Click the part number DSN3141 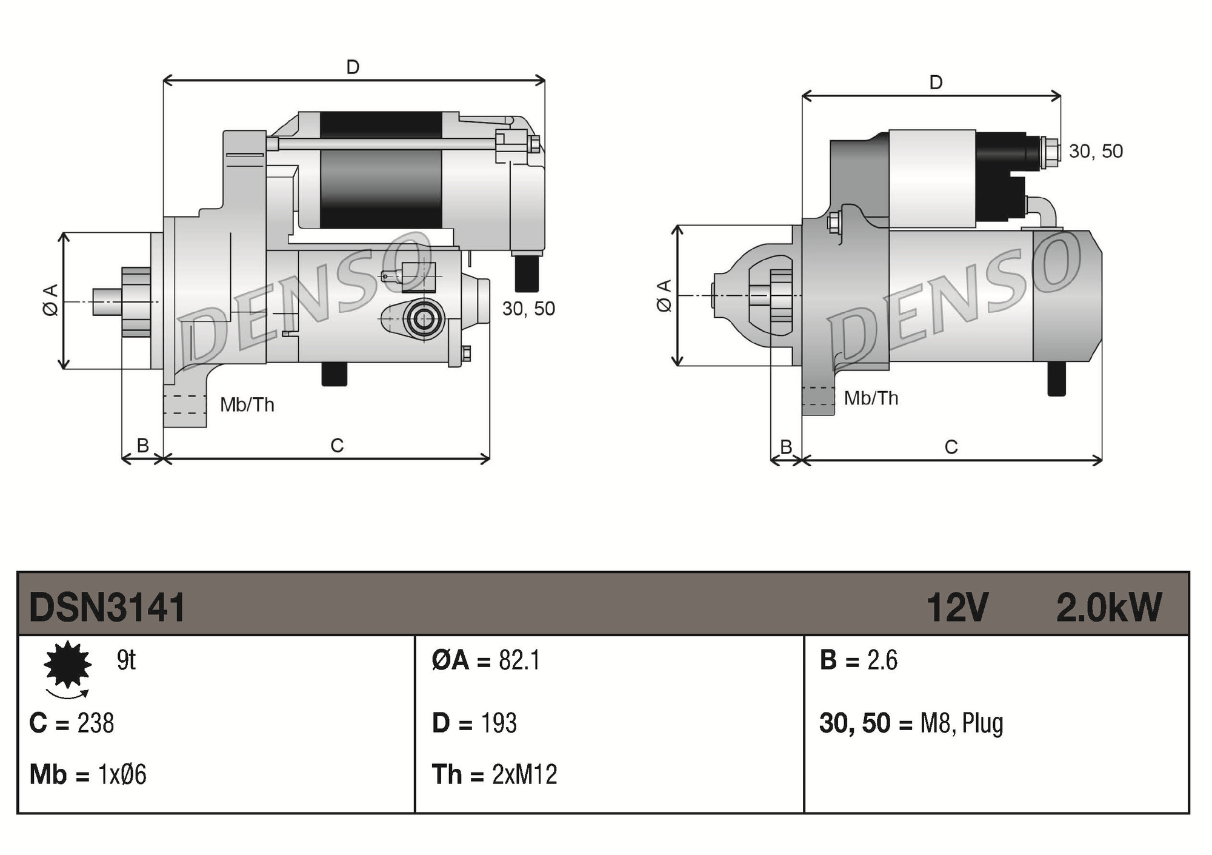(107, 607)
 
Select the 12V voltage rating (957, 607)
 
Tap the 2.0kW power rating (1108, 607)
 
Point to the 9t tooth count (126, 660)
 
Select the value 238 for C (96, 723)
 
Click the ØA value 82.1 (519, 660)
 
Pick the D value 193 (499, 723)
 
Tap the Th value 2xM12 (524, 774)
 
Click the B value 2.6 (882, 660)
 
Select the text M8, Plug (962, 723)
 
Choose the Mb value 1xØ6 (122, 774)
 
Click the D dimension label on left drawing (353, 67)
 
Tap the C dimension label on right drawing (951, 447)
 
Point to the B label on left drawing (143, 446)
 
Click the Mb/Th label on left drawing (247, 404)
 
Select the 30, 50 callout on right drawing (1096, 151)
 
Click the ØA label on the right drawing (664, 295)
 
